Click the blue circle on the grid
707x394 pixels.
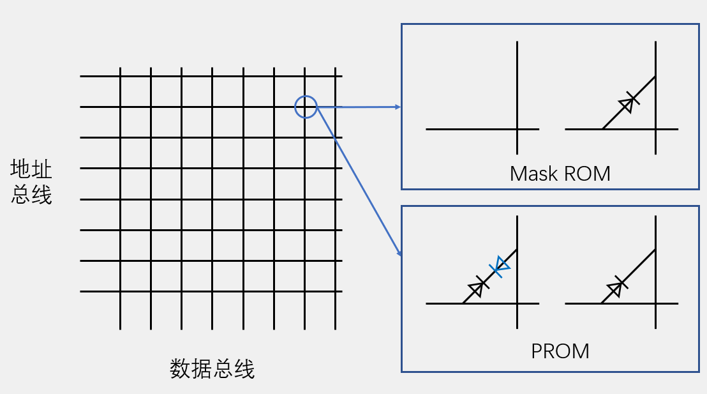(306, 107)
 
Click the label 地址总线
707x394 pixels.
(31, 182)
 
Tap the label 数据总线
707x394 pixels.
(212, 369)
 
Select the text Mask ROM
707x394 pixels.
(560, 173)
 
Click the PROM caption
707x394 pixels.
(560, 351)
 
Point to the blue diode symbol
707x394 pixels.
(500, 266)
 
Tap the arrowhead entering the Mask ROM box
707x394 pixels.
(398, 107)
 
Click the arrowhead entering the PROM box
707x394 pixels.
(400, 254)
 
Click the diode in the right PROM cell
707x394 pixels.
(614, 288)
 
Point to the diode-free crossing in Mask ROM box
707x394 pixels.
(517, 129)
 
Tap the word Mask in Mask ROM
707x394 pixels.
(532, 173)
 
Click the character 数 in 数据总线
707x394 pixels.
(181, 369)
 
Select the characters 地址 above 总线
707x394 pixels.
(31, 170)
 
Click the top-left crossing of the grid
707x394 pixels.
(120, 76)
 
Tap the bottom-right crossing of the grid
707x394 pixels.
(336, 292)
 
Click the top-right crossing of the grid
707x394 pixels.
(336, 76)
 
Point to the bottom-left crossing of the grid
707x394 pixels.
(120, 292)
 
